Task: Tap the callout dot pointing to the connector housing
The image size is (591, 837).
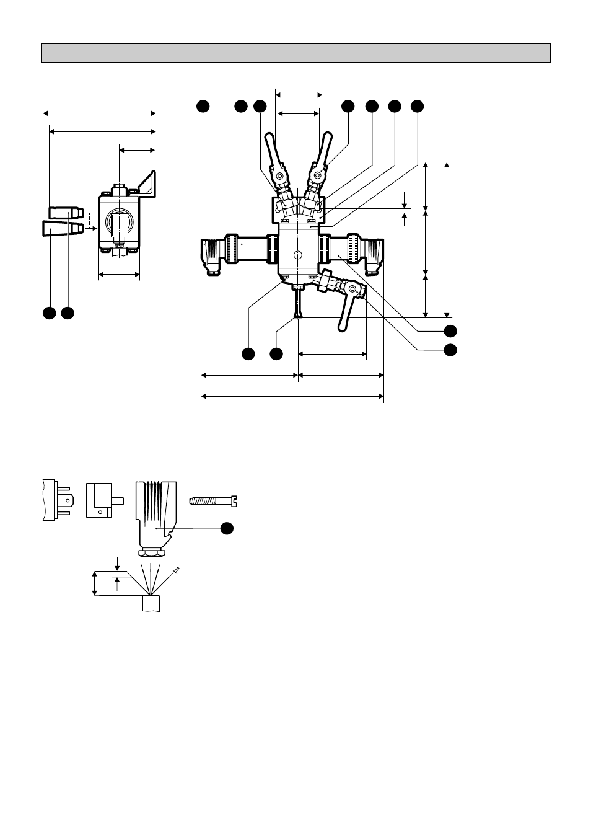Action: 227,528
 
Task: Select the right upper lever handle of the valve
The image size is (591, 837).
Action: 324,149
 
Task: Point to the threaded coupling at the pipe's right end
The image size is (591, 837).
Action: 374,253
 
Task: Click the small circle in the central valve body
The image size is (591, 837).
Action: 298,255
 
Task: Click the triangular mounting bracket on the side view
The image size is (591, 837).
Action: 147,184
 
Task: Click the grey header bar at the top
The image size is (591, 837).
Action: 295,53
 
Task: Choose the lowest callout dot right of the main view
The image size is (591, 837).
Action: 450,350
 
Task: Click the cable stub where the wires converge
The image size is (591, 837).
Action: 151,603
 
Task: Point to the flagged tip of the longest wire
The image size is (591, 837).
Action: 177,569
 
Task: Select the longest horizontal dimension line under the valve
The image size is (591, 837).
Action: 292,396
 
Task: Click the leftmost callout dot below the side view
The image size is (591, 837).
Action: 50,313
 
